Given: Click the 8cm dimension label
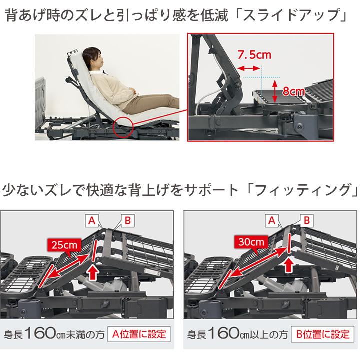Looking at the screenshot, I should pos(293,91).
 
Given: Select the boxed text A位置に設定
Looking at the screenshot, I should pos(139,333).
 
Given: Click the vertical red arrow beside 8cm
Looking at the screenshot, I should pos(275,91).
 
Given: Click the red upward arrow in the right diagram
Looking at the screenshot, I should pos(288,265).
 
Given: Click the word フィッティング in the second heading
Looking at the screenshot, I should pos(303,191).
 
